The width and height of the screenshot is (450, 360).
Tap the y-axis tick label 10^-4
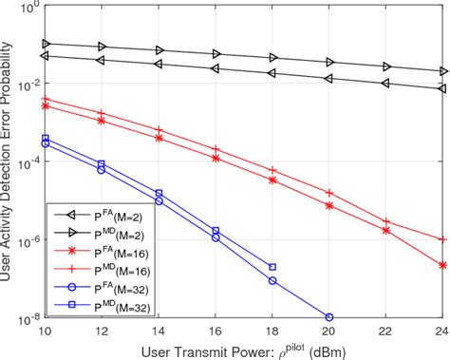[x=28, y=162]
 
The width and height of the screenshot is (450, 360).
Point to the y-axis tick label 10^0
[x=28, y=8]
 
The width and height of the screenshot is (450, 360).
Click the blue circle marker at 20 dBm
[x=329, y=317]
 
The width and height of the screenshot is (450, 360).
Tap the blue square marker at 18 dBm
[x=272, y=267]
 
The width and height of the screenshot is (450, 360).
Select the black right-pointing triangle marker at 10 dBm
[x=45, y=44]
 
